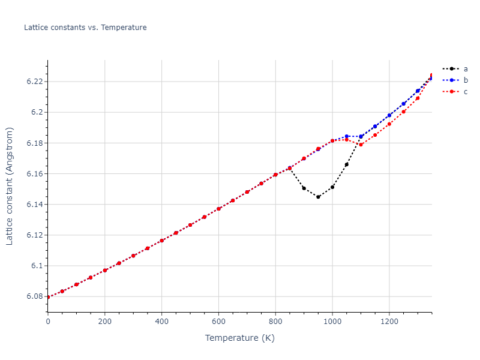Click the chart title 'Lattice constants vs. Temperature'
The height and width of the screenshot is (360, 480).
(x=85, y=28)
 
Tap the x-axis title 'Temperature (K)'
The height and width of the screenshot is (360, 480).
(x=239, y=338)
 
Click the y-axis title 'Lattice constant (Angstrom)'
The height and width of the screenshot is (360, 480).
(x=10, y=185)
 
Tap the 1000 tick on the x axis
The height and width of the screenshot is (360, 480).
(x=332, y=321)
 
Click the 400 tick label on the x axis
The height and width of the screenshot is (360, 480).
(x=161, y=321)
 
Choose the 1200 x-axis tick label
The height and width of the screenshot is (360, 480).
(x=389, y=321)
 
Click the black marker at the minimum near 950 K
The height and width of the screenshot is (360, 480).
(x=318, y=197)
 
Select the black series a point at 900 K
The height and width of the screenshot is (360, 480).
(x=304, y=188)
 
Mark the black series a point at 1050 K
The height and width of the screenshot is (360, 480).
(x=347, y=164)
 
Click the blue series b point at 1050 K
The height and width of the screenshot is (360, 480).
(x=347, y=136)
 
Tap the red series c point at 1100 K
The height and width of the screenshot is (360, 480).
(x=361, y=145)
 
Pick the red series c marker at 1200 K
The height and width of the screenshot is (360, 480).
(x=389, y=124)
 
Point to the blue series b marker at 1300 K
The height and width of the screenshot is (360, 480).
(x=418, y=91)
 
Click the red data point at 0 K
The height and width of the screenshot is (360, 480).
(x=48, y=297)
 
